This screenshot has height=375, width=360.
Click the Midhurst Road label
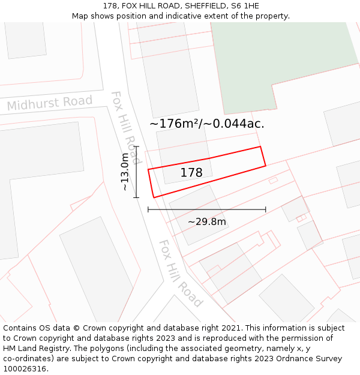tap(50, 103)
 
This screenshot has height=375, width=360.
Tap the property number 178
tap(191, 173)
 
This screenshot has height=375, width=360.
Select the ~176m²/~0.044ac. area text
tap(206, 124)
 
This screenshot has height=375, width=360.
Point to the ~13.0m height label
tap(125, 172)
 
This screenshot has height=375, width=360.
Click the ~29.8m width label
tap(207, 222)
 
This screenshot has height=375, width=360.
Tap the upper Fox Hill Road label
tap(126, 128)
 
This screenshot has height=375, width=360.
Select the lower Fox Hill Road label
tap(179, 273)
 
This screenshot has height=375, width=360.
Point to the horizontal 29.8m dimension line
tap(207, 209)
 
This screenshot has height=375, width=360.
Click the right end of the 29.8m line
tap(266, 209)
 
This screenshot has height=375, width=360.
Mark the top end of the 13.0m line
tap(136, 146)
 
